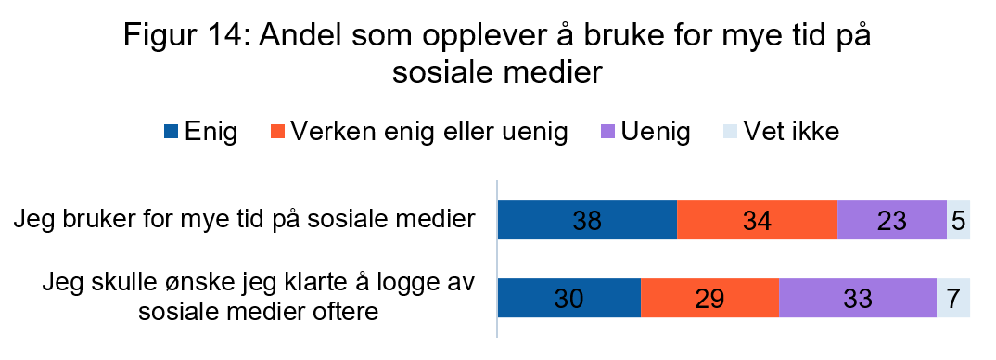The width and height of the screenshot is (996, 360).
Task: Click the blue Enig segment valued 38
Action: coord(587,220)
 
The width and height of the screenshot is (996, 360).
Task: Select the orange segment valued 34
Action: coord(757,220)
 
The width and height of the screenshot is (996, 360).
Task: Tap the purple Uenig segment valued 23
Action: coord(891,220)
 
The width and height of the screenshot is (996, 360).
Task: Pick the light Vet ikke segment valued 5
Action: coord(958,220)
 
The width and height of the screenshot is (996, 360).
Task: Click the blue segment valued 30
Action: coord(569,298)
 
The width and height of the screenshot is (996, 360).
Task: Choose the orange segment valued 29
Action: coord(709,298)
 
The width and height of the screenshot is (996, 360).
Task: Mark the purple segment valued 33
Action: coord(857,298)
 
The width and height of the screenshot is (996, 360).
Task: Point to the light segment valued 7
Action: coord(953,298)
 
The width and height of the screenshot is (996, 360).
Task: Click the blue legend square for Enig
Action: coord(170,133)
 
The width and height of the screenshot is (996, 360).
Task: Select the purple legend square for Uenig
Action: coord(608,133)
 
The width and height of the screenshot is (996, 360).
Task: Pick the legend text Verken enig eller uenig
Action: coord(429,132)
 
